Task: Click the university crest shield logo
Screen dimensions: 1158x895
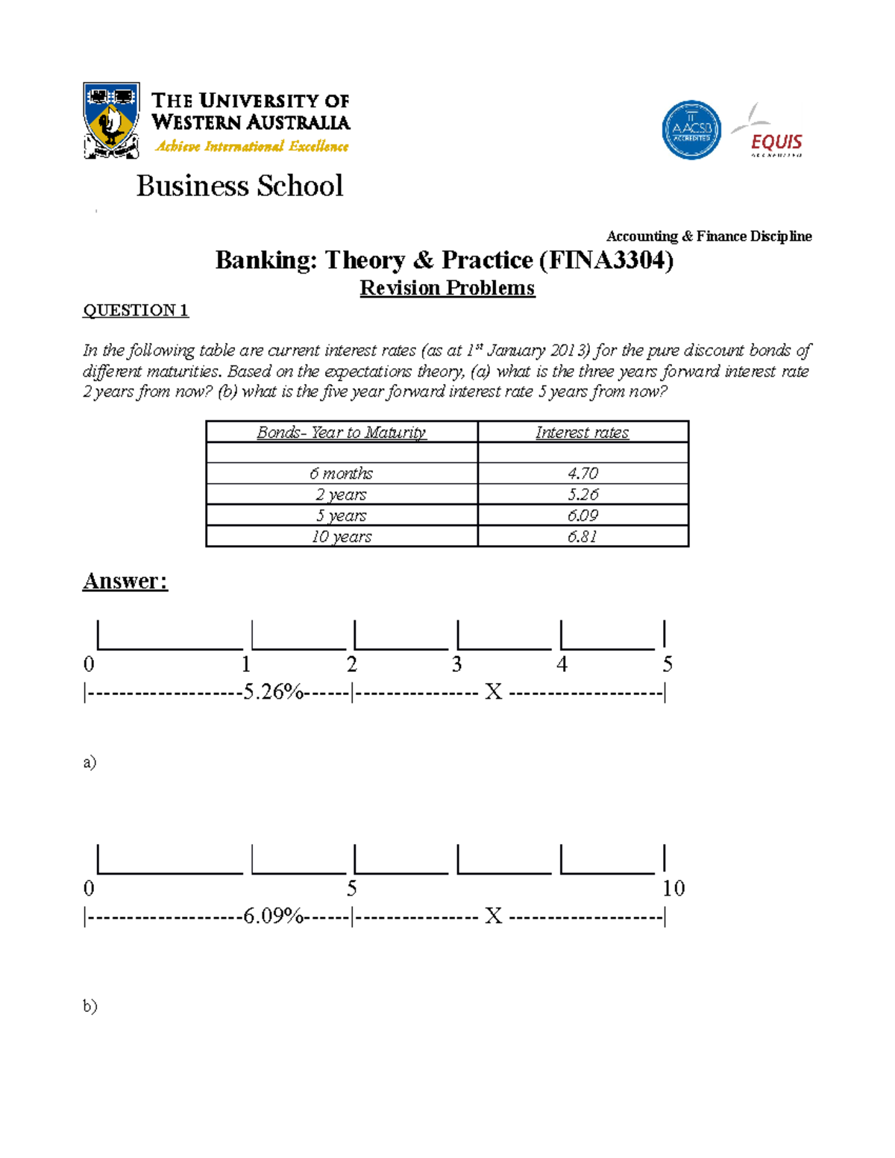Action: (111, 120)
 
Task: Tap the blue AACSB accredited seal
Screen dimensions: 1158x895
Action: (691, 130)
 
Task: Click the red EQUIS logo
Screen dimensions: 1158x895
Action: (776, 141)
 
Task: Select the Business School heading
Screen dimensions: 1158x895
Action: (239, 186)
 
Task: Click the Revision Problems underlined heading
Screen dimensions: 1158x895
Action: (447, 288)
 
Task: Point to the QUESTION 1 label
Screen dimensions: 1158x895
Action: (135, 310)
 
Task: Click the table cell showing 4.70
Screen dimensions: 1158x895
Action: (582, 473)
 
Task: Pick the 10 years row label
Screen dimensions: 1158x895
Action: (342, 537)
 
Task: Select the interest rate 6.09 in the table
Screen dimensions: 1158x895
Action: (582, 515)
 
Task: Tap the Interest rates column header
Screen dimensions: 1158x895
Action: (582, 432)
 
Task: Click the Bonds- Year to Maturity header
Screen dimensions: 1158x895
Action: (342, 432)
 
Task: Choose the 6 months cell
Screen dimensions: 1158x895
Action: (342, 473)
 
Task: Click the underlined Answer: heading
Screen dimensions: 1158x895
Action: (125, 581)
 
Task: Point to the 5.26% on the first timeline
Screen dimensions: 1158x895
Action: (273, 692)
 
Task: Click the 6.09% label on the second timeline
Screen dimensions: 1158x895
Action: (273, 916)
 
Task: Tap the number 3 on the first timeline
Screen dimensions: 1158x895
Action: (456, 664)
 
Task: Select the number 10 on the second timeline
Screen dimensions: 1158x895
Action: (673, 888)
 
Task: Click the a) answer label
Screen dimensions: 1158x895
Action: (89, 762)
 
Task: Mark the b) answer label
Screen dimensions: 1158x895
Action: (89, 1006)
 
